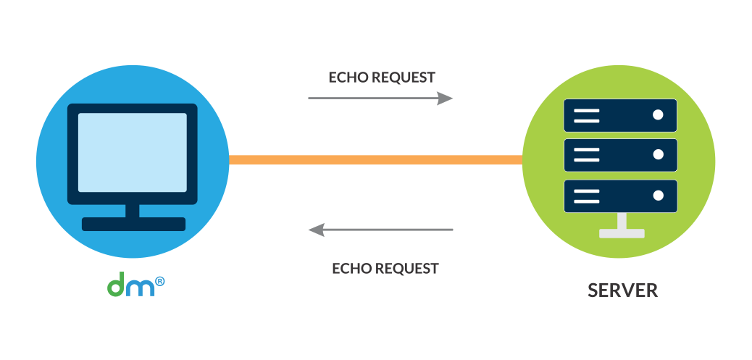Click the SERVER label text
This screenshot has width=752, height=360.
pyautogui.click(x=622, y=290)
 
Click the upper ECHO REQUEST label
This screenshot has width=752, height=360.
pyautogui.click(x=382, y=78)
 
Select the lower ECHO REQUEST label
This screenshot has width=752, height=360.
pyautogui.click(x=385, y=268)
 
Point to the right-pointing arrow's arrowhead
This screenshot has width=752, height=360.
pyautogui.click(x=446, y=98)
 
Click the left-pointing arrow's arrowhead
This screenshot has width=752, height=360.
pyautogui.click(x=316, y=230)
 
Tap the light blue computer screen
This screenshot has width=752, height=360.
pyautogui.click(x=132, y=152)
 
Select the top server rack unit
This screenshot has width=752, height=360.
pyautogui.click(x=620, y=115)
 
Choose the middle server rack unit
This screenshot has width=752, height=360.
pyautogui.click(x=620, y=155)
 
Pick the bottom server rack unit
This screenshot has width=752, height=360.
pyautogui.click(x=620, y=196)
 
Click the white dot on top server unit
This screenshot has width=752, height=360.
pyautogui.click(x=658, y=115)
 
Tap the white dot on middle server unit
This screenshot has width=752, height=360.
pyautogui.click(x=658, y=155)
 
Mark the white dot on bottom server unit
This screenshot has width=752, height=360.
pyautogui.click(x=658, y=196)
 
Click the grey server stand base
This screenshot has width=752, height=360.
pyautogui.click(x=622, y=233)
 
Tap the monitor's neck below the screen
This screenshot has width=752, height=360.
pyautogui.click(x=133, y=211)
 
